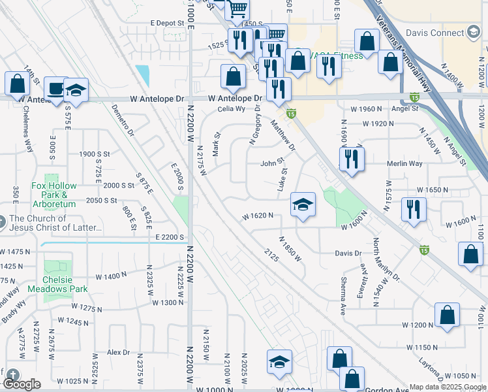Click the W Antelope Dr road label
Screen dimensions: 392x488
pyautogui.click(x=234, y=99)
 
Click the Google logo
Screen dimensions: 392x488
pyautogui.click(x=22, y=384)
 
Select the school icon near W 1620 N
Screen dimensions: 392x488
pyautogui.click(x=303, y=205)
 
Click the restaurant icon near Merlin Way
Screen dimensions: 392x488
pyautogui.click(x=352, y=159)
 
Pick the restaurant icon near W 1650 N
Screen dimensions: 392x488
pyautogui.click(x=414, y=209)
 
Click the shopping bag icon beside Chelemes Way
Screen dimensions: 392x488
pyautogui.click(x=17, y=83)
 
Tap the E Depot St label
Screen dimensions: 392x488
pyautogui.click(x=168, y=23)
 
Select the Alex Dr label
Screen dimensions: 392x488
pyautogui.click(x=119, y=352)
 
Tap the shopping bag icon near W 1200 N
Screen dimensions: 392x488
pyautogui.click(x=448, y=315)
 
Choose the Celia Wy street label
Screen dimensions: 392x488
pyautogui.click(x=231, y=110)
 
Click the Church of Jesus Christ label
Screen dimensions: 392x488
pyautogui.click(x=55, y=223)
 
